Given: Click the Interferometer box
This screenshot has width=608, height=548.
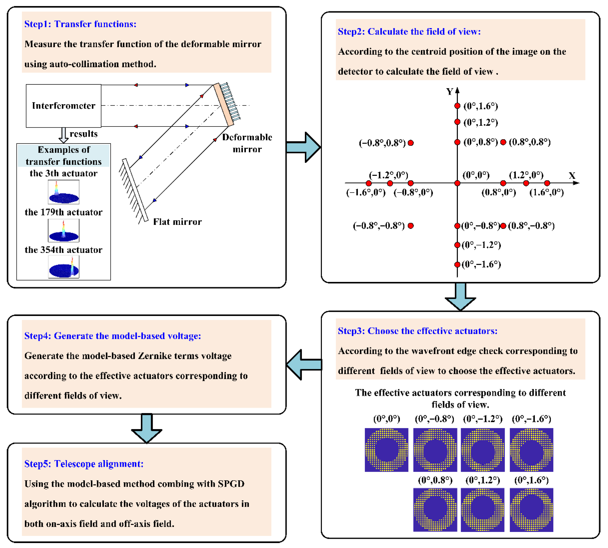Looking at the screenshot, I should (63, 106).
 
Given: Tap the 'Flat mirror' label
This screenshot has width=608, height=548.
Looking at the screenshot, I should (177, 222).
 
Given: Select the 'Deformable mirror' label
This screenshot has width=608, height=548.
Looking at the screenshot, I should (247, 143).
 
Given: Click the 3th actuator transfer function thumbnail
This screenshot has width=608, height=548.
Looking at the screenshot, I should (63, 192).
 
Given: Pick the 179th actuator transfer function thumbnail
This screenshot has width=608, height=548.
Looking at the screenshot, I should (63, 230).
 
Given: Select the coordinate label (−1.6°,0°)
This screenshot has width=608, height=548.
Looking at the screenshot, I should (366, 192).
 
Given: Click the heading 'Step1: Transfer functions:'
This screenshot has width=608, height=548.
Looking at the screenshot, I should (80, 24).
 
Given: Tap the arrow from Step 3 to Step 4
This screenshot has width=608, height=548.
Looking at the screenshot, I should (304, 365).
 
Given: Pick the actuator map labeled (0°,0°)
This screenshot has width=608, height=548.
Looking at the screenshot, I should (387, 450).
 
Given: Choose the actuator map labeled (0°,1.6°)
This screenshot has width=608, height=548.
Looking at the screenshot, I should (531, 510).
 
